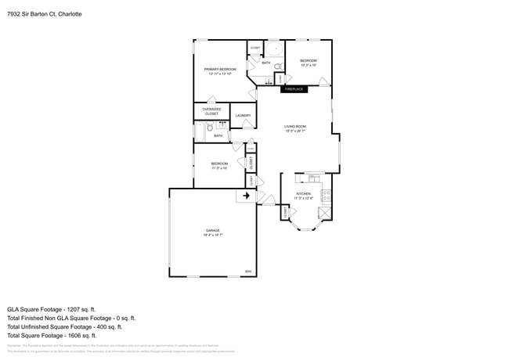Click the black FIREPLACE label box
[x=294, y=89]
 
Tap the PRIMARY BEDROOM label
[x=220, y=70]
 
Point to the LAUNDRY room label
[x=243, y=116]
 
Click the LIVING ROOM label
[x=294, y=126]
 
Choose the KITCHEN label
[x=303, y=193]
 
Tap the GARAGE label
[x=213, y=230]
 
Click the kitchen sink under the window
[x=314, y=178]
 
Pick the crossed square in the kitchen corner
[x=324, y=212]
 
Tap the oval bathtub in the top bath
[x=275, y=49]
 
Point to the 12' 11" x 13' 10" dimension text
[x=220, y=74]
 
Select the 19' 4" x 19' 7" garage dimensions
[x=213, y=235]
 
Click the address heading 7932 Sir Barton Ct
[x=44, y=14]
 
